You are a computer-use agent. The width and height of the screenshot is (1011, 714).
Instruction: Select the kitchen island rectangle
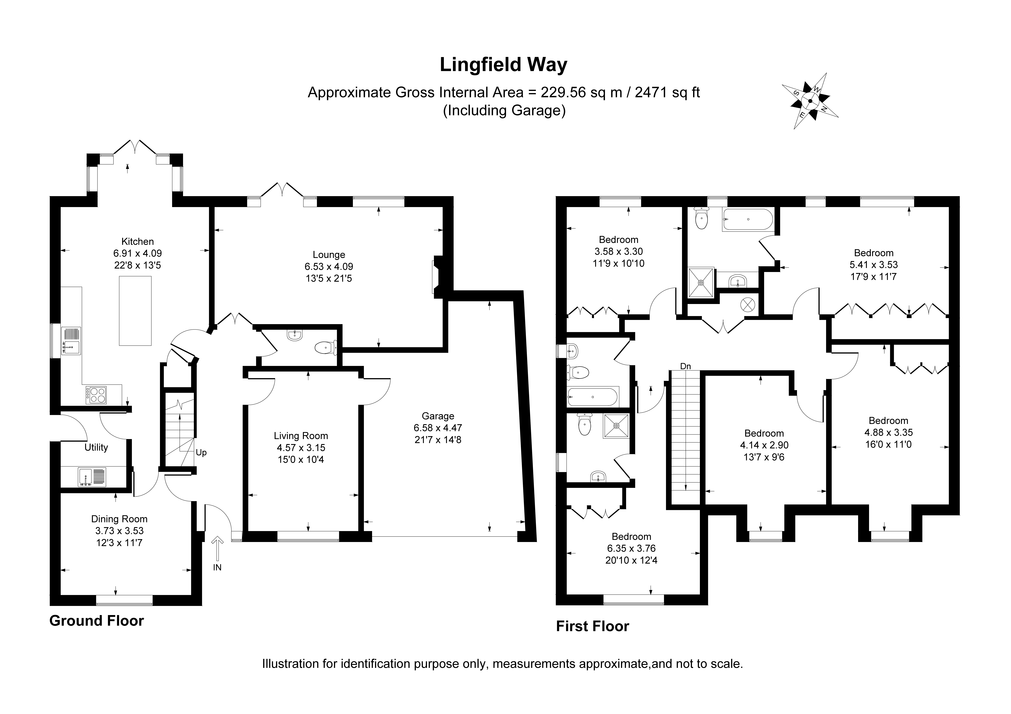click(135, 311)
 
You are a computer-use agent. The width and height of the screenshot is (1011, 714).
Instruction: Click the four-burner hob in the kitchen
click(96, 395)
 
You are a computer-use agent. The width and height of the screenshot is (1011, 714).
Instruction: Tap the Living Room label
click(301, 436)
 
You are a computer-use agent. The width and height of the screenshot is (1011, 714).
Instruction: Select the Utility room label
click(96, 447)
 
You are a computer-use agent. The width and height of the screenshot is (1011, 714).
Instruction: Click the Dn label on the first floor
click(685, 366)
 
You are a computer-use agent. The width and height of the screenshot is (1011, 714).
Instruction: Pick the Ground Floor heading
click(96, 621)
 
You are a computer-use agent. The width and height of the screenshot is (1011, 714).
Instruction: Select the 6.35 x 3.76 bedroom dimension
click(631, 549)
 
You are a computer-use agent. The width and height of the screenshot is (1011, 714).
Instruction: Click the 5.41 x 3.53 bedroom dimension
click(874, 265)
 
